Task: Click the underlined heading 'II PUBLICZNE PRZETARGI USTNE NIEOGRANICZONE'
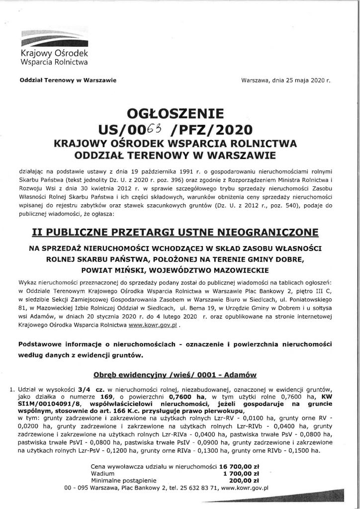coord(180,233)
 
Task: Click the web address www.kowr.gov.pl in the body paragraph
coord(150,328)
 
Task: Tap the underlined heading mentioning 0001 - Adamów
coord(180,374)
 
